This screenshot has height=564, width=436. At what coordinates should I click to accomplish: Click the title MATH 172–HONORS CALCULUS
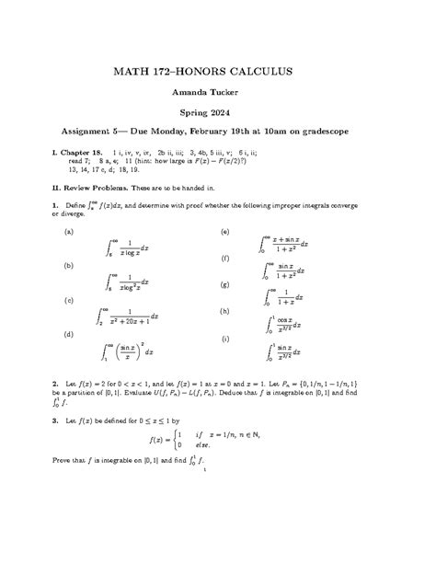218,71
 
